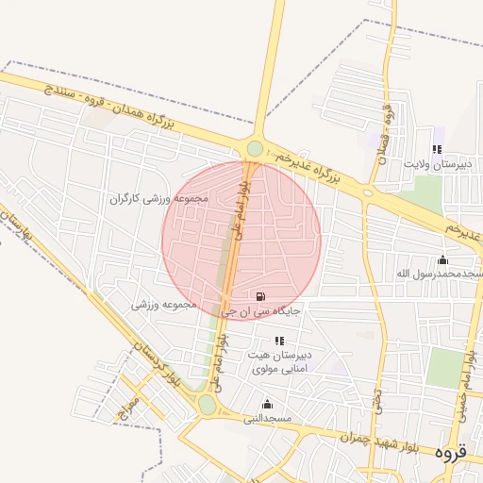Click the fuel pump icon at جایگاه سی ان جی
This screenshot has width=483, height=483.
click(261, 296)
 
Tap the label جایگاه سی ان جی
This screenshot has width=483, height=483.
click(261, 309)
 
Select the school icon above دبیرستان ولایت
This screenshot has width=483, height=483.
click(437, 149)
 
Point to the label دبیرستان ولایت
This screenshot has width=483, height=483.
click(437, 163)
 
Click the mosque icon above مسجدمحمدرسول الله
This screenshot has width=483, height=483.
click(443, 260)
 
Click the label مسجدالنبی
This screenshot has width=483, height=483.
click(269, 417)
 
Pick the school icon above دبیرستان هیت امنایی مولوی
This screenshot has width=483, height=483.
click(279, 341)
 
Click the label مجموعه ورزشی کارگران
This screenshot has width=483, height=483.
click(158, 199)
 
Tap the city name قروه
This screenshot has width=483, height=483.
click(451, 453)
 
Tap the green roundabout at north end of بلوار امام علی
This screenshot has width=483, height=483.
click(255, 148)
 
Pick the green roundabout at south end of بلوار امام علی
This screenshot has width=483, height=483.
click(207, 406)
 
